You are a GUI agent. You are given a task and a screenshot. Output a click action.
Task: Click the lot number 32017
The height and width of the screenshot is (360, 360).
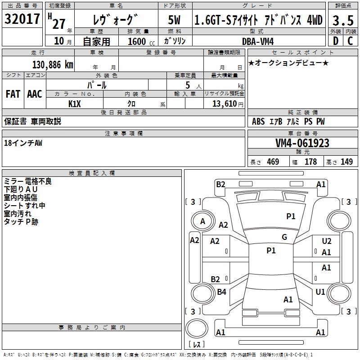tap(22, 19)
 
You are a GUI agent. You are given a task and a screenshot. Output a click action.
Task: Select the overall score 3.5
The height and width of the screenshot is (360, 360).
tap(342, 20)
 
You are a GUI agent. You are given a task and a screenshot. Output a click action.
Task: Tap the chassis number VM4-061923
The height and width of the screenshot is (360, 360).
tap(302, 144)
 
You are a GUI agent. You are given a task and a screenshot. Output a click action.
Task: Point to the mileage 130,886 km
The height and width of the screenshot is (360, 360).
tap(53, 65)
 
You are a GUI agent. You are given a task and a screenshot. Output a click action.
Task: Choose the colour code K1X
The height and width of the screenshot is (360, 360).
tap(75, 103)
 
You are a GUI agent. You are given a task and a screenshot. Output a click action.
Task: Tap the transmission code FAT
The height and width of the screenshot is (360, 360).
tap(13, 94)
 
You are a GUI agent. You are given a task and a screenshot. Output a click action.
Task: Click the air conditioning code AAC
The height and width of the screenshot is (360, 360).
tap(35, 94)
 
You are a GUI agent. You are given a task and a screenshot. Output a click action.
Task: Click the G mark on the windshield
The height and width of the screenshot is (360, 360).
tap(284, 237)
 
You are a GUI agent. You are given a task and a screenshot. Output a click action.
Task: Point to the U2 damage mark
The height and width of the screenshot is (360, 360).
tap(327, 242)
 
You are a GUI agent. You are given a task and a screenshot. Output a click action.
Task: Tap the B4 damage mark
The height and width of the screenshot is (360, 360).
tap(222, 292)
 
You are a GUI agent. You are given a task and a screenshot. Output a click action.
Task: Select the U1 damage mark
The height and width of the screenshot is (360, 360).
tap(320, 292)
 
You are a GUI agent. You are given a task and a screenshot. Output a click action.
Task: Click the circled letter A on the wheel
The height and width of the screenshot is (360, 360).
tap(202, 221)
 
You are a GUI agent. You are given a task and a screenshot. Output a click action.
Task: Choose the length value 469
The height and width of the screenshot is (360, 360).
tap(273, 162)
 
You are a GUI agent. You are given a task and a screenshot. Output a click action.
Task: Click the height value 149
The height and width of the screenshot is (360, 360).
tap(346, 162)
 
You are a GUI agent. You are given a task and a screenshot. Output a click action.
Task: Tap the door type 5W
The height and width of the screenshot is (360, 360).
tap(175, 20)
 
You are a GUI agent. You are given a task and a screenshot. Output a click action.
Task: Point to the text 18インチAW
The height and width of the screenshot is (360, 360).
tap(23, 143)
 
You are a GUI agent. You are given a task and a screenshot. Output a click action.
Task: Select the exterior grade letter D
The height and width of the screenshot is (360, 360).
tap(335, 41)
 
